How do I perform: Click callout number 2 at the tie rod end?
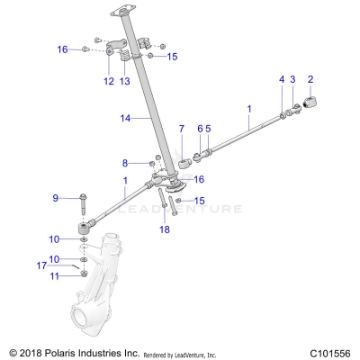coord(310,79)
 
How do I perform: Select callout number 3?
coord(292,79)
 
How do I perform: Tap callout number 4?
coord(281,79)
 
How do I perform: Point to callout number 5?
coord(208,129)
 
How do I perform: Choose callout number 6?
coord(200,129)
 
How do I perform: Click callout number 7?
coord(181,129)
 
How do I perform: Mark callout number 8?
coord(125,163)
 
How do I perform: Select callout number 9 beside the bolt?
coord(55,197)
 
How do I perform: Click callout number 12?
coord(107,81)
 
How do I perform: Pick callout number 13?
coord(124,81)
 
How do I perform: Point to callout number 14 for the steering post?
coord(125,118)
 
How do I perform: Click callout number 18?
coord(164,229)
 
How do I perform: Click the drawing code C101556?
coord(327,352)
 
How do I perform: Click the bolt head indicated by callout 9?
coord(83,197)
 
